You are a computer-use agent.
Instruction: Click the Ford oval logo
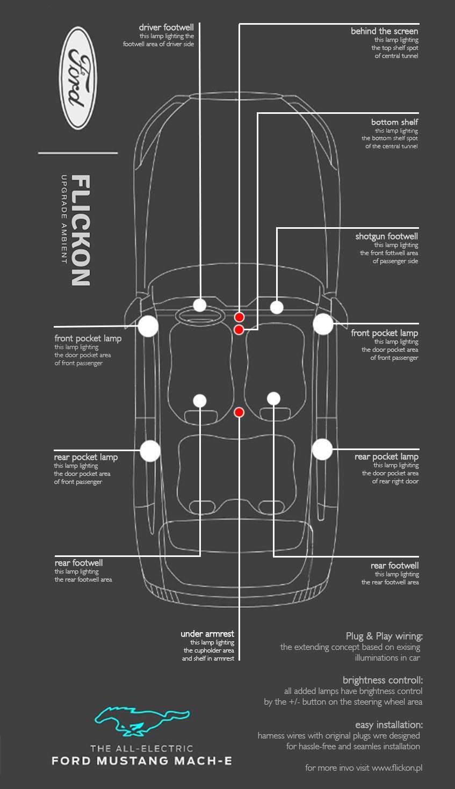click(80, 78)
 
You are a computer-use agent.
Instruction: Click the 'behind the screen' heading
click(384, 31)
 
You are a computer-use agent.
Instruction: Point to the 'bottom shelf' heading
click(394, 122)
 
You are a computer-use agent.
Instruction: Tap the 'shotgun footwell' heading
click(386, 236)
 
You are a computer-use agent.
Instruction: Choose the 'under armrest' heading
click(207, 634)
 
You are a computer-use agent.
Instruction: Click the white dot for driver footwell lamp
click(200, 305)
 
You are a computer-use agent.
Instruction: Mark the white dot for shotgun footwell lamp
click(277, 307)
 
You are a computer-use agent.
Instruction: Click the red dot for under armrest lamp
click(240, 412)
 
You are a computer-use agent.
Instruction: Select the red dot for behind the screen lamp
click(240, 317)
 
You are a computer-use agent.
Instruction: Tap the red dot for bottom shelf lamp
click(239, 329)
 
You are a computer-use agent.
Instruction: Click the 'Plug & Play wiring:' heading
click(384, 636)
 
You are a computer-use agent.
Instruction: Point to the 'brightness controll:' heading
click(382, 680)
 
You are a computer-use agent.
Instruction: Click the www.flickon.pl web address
click(397, 768)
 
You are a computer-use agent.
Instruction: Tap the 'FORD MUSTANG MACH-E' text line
click(142, 761)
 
